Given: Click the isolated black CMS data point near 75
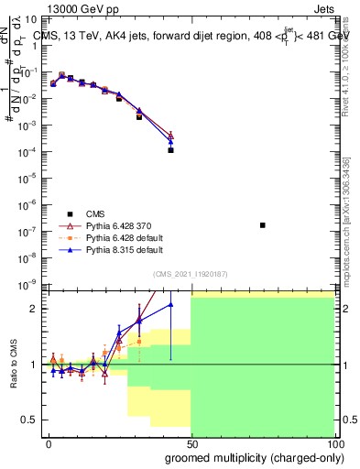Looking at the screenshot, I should click(263, 224).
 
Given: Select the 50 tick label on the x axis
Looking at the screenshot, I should click(191, 443).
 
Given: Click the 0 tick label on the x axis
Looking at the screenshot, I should click(49, 443).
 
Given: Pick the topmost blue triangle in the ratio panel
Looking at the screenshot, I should click(170, 304).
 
